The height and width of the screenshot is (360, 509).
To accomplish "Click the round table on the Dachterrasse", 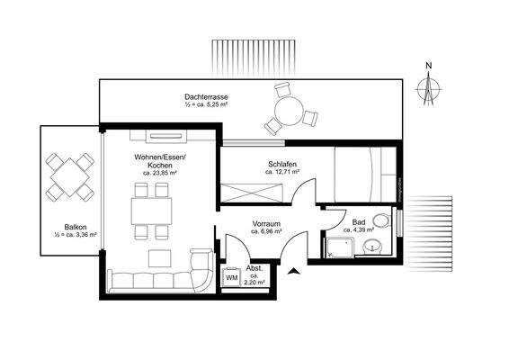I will [289, 112].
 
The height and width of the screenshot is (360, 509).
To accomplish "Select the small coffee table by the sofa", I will [158, 256].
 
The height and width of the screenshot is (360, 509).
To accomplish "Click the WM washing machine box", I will [231, 278].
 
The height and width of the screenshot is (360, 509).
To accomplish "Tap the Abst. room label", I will [254, 268].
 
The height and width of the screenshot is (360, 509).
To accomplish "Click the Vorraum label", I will [267, 223].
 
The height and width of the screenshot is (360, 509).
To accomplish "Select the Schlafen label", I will [282, 164].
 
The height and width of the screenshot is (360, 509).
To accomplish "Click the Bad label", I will [358, 221].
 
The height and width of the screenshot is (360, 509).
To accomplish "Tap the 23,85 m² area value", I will [160, 174].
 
